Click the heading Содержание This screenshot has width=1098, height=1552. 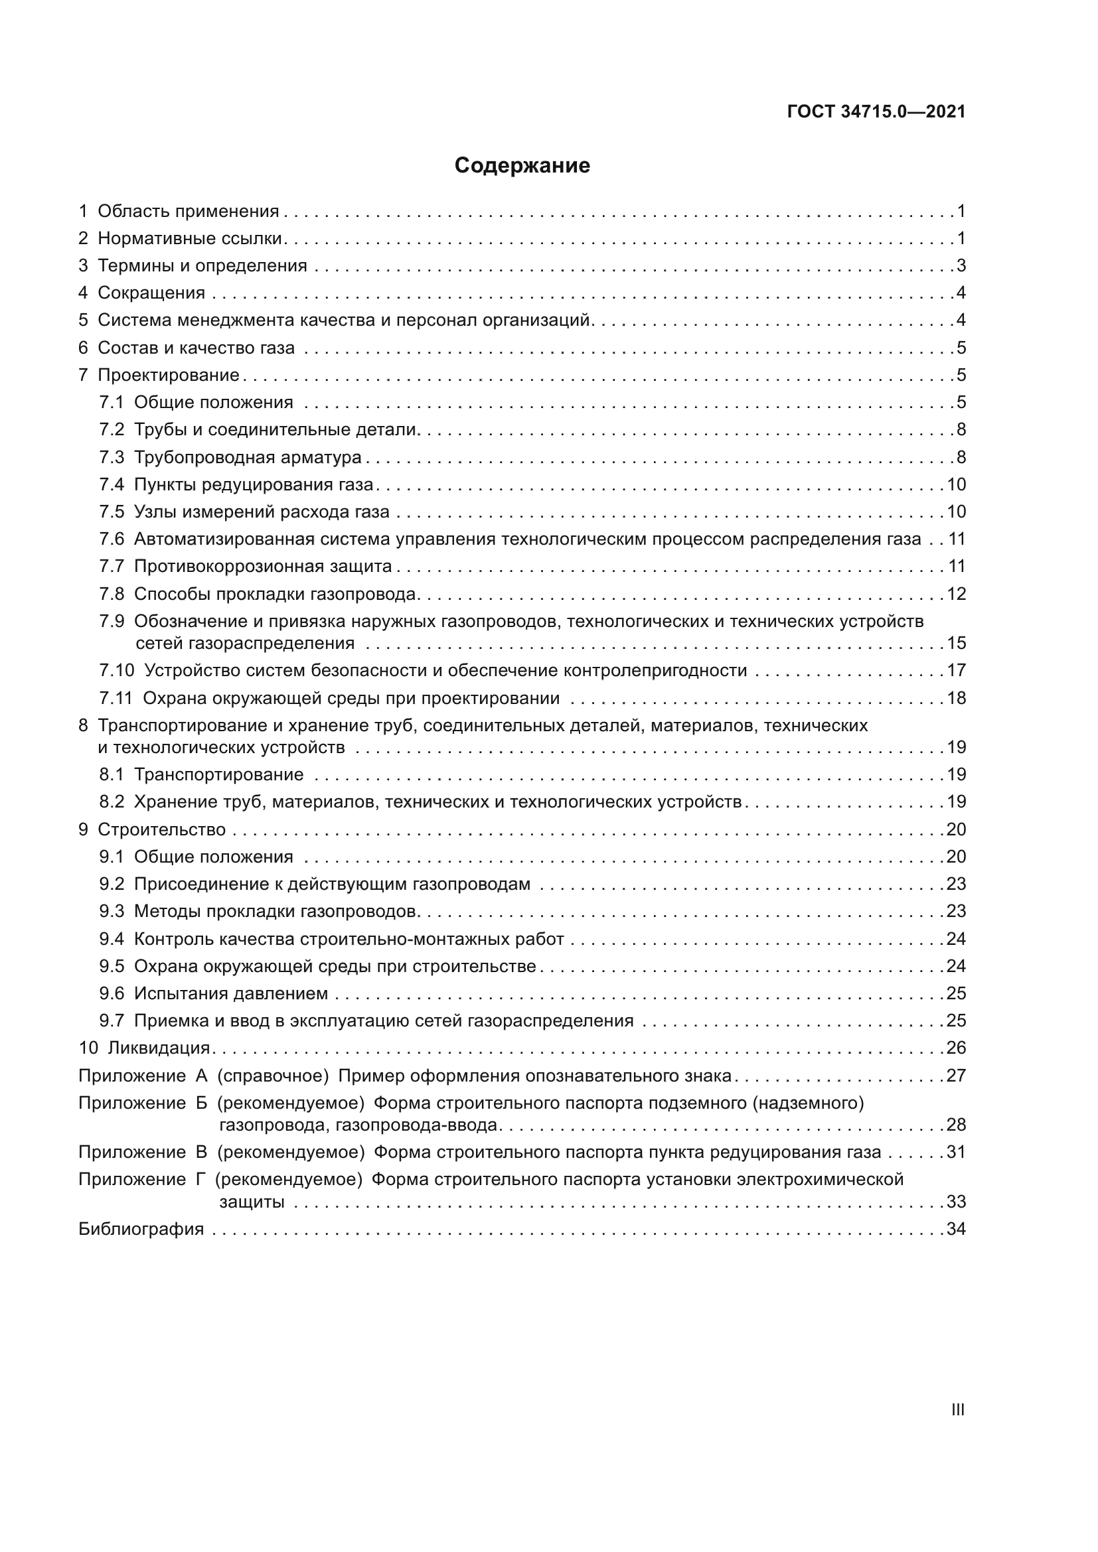[522, 166]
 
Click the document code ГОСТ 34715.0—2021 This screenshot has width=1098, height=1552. [876, 112]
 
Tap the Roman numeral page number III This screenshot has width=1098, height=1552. [957, 1410]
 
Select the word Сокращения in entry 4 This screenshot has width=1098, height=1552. [151, 293]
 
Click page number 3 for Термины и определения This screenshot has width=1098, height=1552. [961, 265]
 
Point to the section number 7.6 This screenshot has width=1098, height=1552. [112, 539]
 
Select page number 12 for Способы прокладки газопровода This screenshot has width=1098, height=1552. [956, 594]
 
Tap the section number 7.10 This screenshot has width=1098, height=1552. [117, 671]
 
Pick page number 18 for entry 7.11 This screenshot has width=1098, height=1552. [956, 698]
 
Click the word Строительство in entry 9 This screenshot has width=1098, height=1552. [161, 829]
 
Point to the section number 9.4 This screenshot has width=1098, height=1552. [112, 939]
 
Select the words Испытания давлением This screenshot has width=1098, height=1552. [230, 994]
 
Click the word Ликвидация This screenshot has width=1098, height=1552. [159, 1048]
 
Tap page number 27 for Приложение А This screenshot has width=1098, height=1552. [956, 1076]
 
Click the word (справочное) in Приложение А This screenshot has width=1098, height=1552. [272, 1076]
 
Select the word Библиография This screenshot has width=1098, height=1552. [141, 1229]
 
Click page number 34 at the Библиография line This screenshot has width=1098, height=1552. [956, 1229]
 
